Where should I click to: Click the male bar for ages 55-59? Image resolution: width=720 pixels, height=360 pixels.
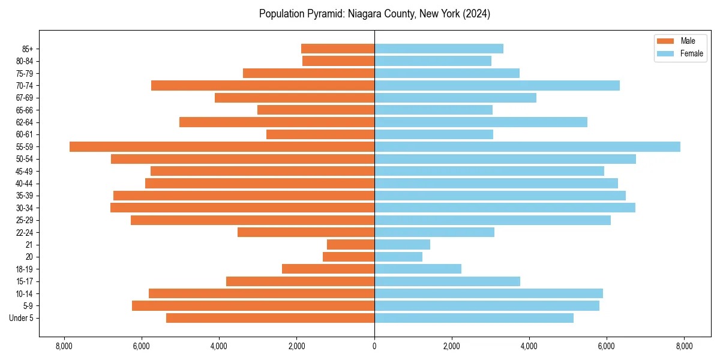(x=222, y=147)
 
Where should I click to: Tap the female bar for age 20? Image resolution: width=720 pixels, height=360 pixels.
(x=398, y=257)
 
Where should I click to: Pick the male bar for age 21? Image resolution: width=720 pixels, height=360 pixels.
(x=351, y=245)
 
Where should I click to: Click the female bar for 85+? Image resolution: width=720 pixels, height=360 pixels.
(x=439, y=49)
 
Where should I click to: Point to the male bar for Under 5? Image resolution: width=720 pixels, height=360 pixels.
(x=270, y=318)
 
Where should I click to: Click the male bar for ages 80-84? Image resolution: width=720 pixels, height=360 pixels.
(x=338, y=61)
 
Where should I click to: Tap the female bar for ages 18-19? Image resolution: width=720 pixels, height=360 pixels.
(x=418, y=269)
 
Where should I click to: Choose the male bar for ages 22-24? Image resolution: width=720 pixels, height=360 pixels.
(x=306, y=232)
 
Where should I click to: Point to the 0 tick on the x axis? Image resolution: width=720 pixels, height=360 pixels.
(x=374, y=346)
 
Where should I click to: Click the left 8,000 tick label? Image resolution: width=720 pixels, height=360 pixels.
(x=64, y=346)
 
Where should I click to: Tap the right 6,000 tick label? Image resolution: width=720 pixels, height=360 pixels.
(x=607, y=346)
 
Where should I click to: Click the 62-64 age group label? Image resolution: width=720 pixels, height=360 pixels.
(x=25, y=122)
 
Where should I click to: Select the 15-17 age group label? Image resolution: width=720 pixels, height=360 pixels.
(x=25, y=281)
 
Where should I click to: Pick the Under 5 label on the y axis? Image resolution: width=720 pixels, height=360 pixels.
(x=22, y=318)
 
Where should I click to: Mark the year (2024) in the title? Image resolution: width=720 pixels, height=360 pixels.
(x=476, y=14)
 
